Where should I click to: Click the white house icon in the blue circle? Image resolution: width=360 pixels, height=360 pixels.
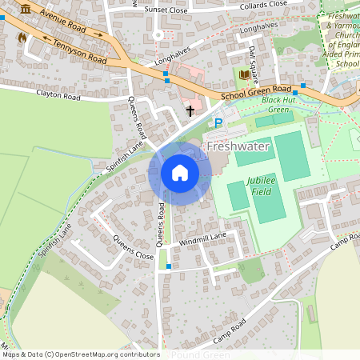pos(180,173)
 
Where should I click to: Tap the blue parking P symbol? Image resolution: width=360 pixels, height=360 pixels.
pos(218,123)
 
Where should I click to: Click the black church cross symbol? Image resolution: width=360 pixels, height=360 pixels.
pos(190,110)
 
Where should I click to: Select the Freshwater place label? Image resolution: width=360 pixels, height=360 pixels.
pos(238,147)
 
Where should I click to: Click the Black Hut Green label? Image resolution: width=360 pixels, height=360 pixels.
pos(278,105)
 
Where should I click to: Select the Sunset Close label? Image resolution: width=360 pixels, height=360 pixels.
pos(166,10)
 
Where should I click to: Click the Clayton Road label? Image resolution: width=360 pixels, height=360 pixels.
pos(58,96)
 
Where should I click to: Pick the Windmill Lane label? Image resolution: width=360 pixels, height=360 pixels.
pos(203,238)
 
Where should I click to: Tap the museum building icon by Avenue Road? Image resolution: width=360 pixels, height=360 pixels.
pos(26,8)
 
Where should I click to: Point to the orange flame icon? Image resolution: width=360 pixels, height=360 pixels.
pos(22,37)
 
